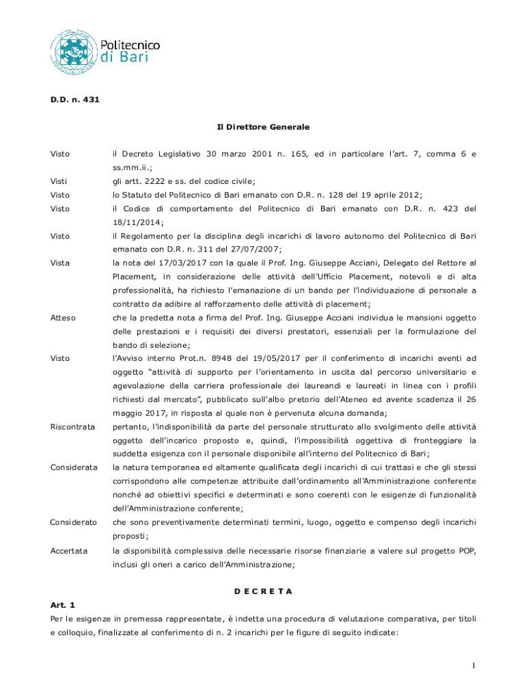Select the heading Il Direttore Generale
pyautogui.click(x=263, y=127)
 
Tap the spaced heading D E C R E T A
pyautogui.click(x=263, y=590)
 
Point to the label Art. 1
pyautogui.click(x=64, y=605)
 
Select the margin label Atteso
pyautogui.click(x=63, y=317)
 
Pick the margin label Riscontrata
pyautogui.click(x=72, y=427)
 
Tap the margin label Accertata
pyautogui.click(x=68, y=550)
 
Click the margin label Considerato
pyautogui.click(x=72, y=522)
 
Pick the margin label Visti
pyautogui.click(x=59, y=180)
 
